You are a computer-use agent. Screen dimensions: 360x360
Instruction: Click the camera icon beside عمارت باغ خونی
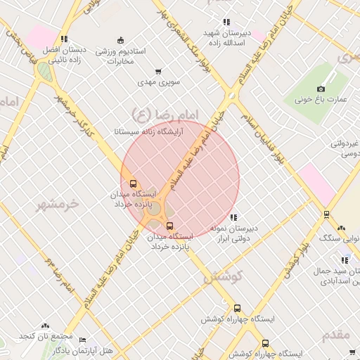(x=321, y=89)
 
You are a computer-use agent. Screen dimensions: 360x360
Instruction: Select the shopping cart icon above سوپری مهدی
(x=158, y=71)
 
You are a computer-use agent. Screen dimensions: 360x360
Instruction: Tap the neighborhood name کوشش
(x=223, y=277)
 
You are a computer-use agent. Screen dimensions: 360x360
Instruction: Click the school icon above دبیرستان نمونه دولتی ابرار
(x=233, y=217)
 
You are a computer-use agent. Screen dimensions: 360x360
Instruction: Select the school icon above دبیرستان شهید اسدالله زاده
(x=226, y=22)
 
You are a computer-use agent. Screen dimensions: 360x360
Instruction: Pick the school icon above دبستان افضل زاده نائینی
(x=65, y=39)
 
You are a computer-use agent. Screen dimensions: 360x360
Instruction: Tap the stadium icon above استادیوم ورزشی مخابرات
(x=120, y=40)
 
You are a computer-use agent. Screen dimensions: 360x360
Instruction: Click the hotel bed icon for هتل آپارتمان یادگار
(x=83, y=340)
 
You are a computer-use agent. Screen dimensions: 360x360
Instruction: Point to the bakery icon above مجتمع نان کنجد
(x=46, y=326)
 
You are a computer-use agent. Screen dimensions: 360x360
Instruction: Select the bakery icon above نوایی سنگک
(x=342, y=228)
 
